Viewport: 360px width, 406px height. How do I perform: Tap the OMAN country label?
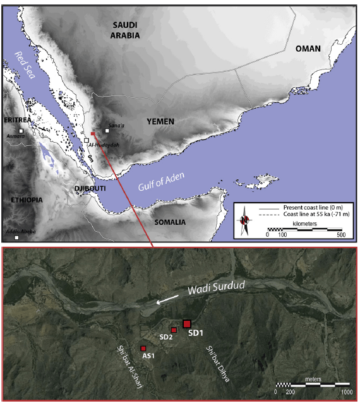pyautogui.click(x=308, y=49)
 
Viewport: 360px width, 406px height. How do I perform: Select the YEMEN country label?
pyautogui.click(x=160, y=121)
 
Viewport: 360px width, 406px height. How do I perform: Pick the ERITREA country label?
pyautogui.click(x=18, y=119)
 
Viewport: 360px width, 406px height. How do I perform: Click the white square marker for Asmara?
pyautogui.click(x=21, y=131)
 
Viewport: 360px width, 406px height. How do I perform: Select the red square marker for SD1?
pyautogui.click(x=186, y=324)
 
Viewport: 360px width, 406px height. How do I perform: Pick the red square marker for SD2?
pyautogui.click(x=174, y=330)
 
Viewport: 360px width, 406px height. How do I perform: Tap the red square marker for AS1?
pyautogui.click(x=143, y=349)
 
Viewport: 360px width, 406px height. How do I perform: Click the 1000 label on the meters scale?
pyautogui.click(x=345, y=391)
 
